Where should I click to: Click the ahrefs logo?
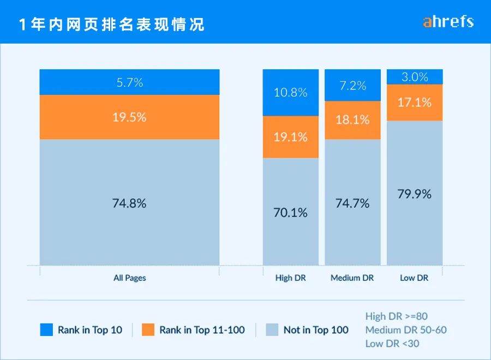point(448,22)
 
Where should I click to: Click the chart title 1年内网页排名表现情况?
point(112,25)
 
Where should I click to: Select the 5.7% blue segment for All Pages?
point(129,82)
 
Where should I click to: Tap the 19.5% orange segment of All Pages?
point(129,117)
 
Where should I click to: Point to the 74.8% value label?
point(129,203)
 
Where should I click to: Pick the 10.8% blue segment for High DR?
point(290,92)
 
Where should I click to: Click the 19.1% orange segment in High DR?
point(290,137)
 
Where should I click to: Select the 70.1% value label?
point(290,212)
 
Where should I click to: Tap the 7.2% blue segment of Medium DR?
point(352,86)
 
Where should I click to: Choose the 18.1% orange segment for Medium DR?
point(352,120)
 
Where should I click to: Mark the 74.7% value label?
point(352,203)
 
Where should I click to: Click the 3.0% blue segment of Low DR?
point(415,77)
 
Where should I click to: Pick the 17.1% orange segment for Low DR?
point(415,102)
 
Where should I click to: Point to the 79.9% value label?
point(415,194)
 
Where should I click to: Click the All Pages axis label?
point(129,278)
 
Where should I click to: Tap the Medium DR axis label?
point(352,278)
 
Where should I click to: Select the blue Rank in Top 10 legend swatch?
point(46,329)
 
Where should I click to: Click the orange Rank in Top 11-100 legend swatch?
point(148,329)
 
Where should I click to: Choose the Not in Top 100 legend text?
point(316,330)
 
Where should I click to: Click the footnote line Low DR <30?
point(392,343)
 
